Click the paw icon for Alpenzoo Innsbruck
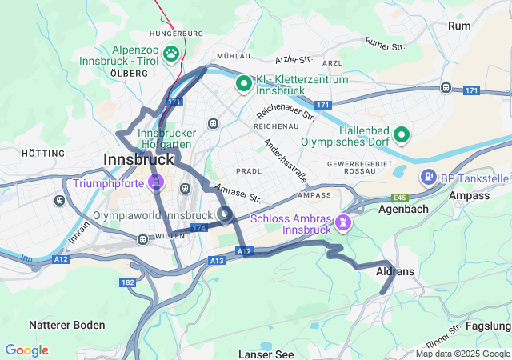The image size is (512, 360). [171, 54]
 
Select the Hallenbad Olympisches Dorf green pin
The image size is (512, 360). [402, 134]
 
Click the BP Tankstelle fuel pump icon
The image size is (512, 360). [428, 176]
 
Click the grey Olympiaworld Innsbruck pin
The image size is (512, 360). [225, 214]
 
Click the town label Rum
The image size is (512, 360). [459, 26]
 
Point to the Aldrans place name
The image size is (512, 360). [395, 272]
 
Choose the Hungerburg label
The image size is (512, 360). [176, 34]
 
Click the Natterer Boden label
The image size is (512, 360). [66, 325]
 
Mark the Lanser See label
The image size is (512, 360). [265, 354]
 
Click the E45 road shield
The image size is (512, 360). [401, 197]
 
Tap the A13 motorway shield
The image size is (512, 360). [216, 261]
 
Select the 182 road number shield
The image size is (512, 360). [127, 283]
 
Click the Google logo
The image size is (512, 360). [26, 350]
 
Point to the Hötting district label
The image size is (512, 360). [43, 153]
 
